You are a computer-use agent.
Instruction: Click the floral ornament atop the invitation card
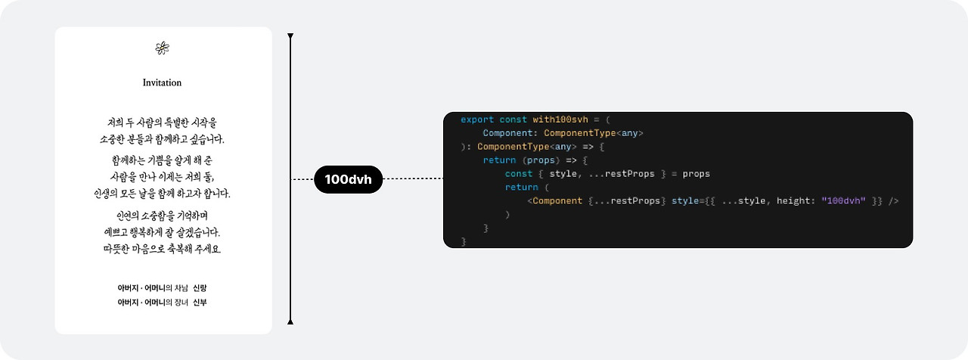point(162,48)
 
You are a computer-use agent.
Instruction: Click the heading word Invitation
point(162,82)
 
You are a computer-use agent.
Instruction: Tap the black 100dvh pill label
point(348,179)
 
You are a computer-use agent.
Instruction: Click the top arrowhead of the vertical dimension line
point(290,36)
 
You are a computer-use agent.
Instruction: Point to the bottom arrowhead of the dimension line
point(290,321)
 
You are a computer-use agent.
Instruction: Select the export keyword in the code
point(476,119)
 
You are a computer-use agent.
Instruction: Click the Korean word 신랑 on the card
point(200,288)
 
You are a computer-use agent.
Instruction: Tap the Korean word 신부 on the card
point(200,303)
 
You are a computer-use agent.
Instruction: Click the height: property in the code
point(795,201)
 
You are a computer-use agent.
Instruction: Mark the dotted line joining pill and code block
point(412,179)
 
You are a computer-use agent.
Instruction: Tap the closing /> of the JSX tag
point(894,201)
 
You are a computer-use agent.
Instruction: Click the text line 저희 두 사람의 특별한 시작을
point(162,122)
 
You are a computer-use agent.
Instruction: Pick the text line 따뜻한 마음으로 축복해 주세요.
point(162,249)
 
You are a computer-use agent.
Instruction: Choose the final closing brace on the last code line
point(464,241)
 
